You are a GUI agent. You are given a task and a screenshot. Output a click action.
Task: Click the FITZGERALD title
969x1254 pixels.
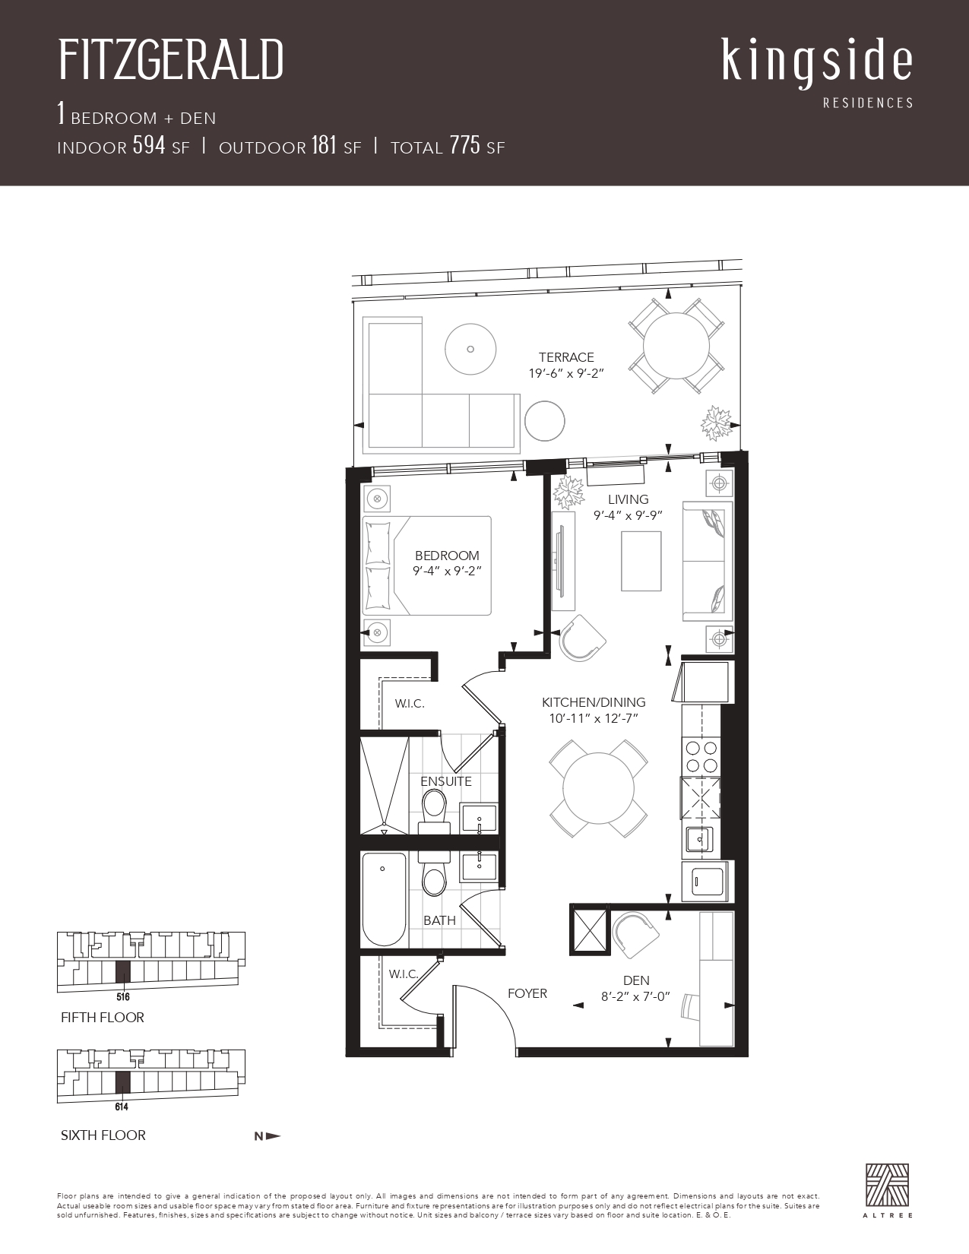coord(171,59)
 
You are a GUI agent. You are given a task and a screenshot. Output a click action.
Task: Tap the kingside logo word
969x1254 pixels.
coord(817,65)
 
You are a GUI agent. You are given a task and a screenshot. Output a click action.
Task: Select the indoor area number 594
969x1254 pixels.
coord(149,145)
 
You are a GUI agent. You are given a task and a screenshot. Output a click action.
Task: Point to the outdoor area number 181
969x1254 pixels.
coord(324,145)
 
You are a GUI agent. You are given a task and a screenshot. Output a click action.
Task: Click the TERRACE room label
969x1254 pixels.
coord(566,357)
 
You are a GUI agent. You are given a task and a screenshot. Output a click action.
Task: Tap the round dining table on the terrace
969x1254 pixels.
coord(676,345)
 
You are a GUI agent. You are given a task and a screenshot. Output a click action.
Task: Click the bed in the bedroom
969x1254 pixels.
coord(427,565)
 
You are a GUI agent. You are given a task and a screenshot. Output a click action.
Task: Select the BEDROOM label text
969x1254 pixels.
coord(447,555)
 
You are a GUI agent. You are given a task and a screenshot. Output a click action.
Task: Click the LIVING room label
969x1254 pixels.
coord(628,499)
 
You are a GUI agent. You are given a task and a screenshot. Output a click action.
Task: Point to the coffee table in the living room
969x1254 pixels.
coord(641,561)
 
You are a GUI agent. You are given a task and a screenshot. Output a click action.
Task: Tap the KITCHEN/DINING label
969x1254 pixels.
coord(594,702)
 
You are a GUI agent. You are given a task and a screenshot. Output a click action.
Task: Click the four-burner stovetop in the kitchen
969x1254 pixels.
coord(701,756)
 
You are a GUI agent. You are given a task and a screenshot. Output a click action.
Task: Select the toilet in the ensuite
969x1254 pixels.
coord(434,812)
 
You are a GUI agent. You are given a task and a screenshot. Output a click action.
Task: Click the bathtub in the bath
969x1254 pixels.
coord(384,899)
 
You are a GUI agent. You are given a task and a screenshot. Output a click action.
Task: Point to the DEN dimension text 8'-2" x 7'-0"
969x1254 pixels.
coord(635,996)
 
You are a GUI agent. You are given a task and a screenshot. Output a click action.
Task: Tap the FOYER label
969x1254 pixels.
coord(527,993)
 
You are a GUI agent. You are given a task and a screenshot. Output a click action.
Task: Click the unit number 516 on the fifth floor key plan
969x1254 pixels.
coord(122,996)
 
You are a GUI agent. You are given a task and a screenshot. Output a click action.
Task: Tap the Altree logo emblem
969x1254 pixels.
coord(888,1184)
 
